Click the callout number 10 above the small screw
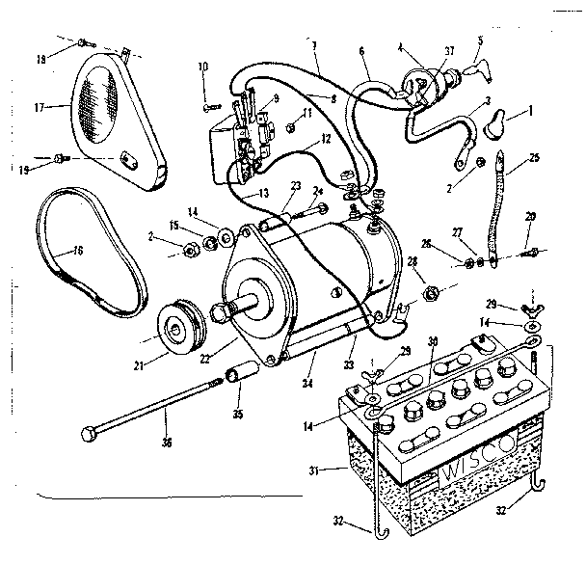(203, 66)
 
